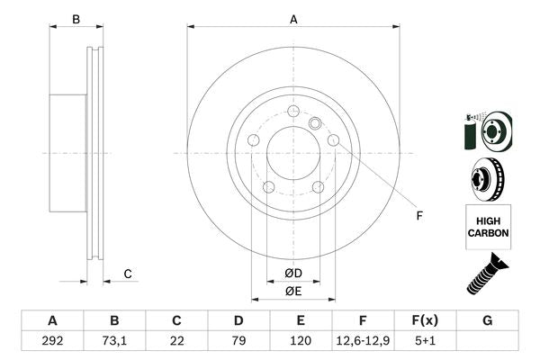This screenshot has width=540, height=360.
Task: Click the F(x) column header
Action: [425, 320]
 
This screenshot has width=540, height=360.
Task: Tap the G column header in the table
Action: [487, 320]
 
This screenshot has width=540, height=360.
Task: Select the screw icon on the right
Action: [486, 275]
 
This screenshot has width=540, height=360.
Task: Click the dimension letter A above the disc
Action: [293, 19]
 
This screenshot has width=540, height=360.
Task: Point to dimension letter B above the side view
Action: [76, 19]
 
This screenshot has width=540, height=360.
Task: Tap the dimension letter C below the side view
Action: [128, 274]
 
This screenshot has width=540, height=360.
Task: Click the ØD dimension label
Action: [293, 273]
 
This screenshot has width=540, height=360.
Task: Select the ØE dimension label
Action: [293, 291]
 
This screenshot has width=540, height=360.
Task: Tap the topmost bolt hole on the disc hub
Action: [293, 110]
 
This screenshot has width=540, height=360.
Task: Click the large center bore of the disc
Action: [293, 152]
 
